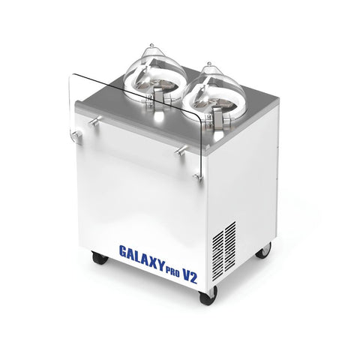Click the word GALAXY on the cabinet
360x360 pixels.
pos(142,257)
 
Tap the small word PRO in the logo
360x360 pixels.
pos(173,271)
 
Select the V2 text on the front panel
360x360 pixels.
pos(190,276)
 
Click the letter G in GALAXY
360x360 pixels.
pos(123,251)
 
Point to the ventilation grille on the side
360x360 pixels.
pos(224,250)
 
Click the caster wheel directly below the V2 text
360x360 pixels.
pos(207,295)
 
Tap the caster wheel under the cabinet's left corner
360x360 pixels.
pos(100,257)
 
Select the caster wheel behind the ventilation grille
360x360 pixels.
pos(263,250)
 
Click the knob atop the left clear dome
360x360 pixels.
pos(151,46)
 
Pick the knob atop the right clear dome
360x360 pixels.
pos(209,64)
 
